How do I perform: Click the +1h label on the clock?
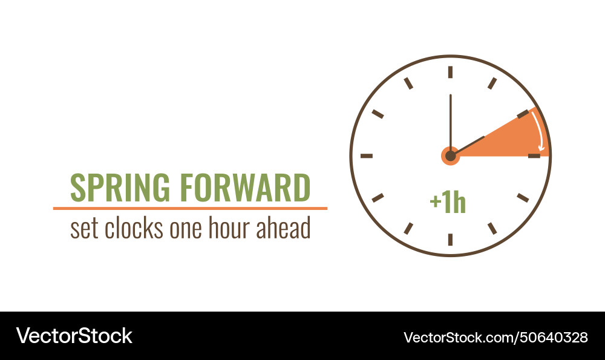coord(448,203)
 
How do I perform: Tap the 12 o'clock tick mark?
coord(450,72)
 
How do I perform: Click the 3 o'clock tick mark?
coord(534,155)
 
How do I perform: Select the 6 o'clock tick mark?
coord(450,240)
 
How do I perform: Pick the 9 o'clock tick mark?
coord(367,155)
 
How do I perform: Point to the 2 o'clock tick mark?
coord(523,114)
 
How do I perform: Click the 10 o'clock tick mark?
coord(378,114)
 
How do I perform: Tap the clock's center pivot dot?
coord(450,156)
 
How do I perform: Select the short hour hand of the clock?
coord(469,145)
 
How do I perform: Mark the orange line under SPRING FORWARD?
coord(190,208)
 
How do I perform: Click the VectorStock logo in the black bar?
coord(74,336)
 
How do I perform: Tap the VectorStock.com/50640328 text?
coord(495,337)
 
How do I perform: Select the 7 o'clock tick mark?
coord(408,228)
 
